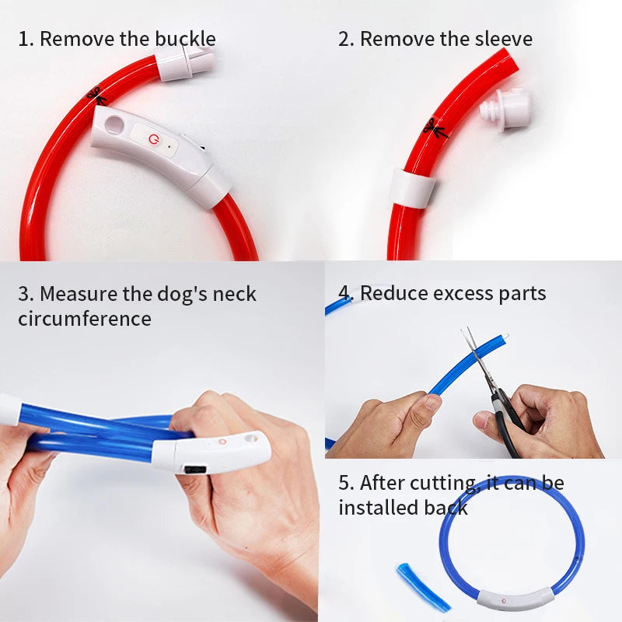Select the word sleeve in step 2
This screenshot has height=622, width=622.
[501, 38]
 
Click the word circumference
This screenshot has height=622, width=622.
[85, 318]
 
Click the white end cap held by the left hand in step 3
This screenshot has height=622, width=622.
[9, 410]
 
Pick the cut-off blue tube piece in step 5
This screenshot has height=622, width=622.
[423, 587]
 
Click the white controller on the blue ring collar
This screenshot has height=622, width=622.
[515, 599]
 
